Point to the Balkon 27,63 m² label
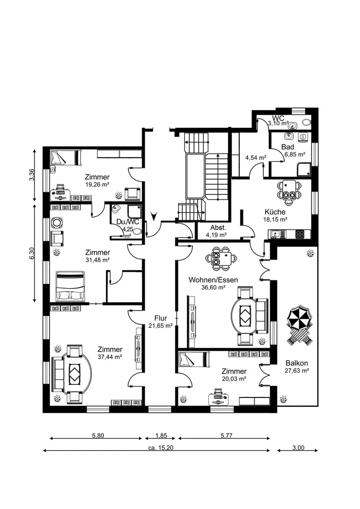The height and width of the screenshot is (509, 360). click(x=297, y=366)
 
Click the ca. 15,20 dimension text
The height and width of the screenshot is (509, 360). click(x=159, y=448)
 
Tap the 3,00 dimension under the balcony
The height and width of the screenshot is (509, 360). click(x=298, y=448)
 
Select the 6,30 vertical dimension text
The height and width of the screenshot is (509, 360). click(x=32, y=253)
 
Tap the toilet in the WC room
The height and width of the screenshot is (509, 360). click(x=305, y=123)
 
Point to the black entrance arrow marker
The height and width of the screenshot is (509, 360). click(x=154, y=216)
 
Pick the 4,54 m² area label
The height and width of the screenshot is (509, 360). click(x=256, y=158)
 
